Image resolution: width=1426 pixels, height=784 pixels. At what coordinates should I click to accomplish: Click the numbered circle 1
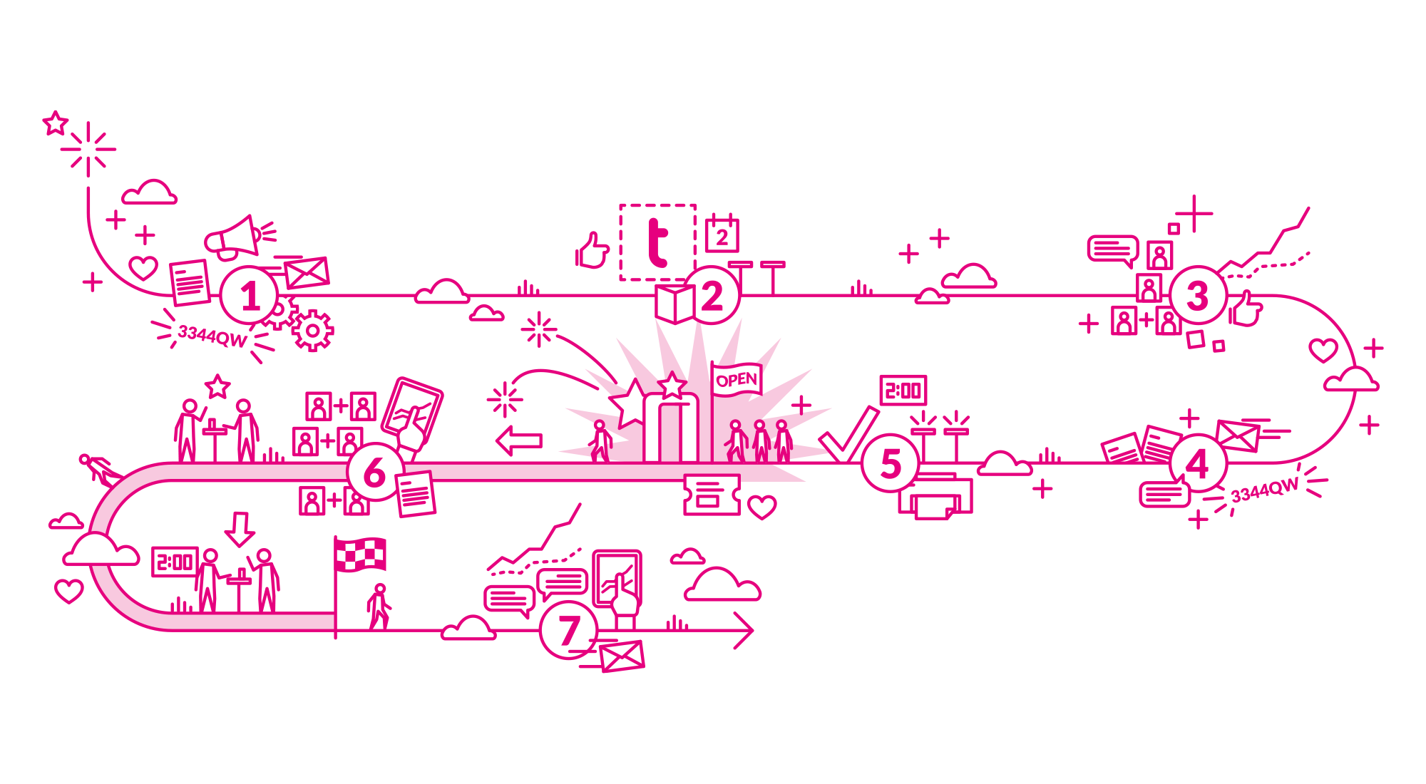(x=249, y=295)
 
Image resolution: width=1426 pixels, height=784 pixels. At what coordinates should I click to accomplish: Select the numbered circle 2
(x=712, y=295)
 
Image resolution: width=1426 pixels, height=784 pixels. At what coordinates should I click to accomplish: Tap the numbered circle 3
(x=1198, y=295)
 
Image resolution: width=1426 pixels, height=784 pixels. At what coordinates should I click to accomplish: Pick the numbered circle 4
(x=1198, y=463)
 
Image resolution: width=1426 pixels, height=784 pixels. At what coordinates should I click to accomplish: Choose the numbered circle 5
(x=891, y=463)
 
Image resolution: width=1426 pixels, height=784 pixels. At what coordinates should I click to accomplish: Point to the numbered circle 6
(x=375, y=472)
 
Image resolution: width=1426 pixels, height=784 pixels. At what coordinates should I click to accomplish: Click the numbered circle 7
(x=569, y=630)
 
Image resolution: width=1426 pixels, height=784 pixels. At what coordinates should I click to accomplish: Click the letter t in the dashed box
(x=657, y=242)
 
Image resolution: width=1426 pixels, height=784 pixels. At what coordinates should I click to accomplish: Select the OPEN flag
(x=737, y=380)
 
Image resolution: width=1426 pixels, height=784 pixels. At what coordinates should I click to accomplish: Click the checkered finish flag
(x=360, y=555)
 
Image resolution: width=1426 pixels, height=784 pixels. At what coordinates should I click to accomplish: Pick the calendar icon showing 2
(x=722, y=233)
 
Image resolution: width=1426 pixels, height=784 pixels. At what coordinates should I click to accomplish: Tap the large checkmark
(x=848, y=435)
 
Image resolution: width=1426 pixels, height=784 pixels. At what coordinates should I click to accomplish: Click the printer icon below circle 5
(x=935, y=495)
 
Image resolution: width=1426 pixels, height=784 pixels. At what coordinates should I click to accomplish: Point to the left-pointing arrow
(x=519, y=441)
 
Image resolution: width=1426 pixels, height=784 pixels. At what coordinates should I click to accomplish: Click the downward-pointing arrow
(x=240, y=529)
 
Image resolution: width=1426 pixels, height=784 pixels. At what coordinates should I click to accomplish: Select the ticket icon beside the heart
(x=712, y=494)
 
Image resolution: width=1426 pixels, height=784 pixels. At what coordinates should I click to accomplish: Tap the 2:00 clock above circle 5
(x=903, y=391)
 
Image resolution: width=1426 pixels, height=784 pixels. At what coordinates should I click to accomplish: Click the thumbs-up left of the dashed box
(x=593, y=250)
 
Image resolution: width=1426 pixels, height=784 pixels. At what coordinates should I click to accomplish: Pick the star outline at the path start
(x=55, y=123)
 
